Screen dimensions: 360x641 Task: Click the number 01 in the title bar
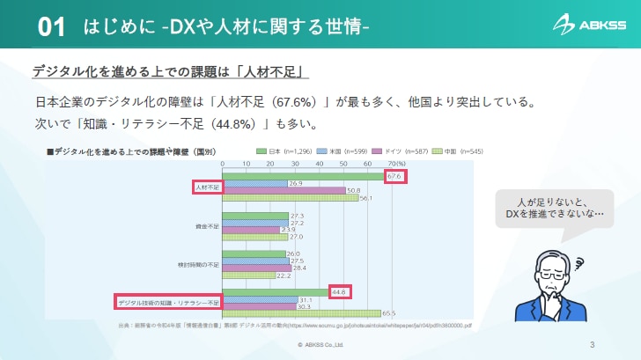[x=52, y=27]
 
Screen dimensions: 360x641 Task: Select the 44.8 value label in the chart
[x=340, y=292]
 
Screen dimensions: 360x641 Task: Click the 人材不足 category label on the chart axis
[x=207, y=187]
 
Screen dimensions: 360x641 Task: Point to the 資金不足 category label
[x=208, y=227]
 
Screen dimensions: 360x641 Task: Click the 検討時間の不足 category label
[x=200, y=264]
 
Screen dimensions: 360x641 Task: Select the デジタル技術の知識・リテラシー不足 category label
[x=168, y=303]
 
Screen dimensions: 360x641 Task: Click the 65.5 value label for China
[x=388, y=313]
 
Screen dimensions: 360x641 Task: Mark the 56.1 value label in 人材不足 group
[x=366, y=198]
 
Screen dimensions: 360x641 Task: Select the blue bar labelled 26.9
[x=255, y=183]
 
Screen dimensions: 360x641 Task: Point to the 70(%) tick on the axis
[x=395, y=164]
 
